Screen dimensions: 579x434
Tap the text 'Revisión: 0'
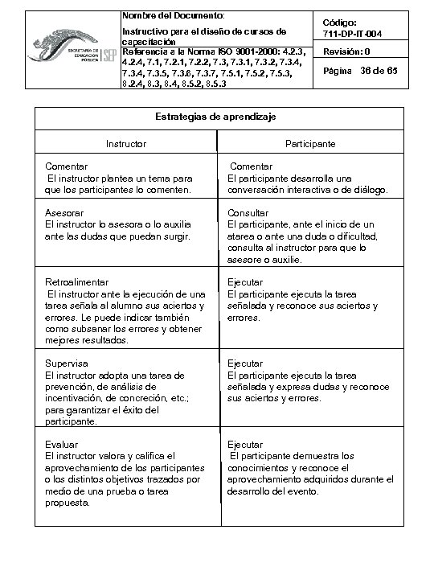(347, 52)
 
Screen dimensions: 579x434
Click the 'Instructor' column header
(127, 144)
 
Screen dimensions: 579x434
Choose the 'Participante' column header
(309, 144)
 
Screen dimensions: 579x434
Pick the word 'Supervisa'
(67, 363)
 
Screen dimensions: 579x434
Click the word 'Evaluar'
(61, 445)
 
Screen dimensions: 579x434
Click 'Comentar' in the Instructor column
(67, 166)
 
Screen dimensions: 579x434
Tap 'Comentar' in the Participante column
(251, 166)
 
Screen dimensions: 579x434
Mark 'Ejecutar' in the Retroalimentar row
(245, 283)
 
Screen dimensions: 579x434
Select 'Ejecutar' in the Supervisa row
(245, 363)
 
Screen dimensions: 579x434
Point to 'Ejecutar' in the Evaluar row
(245, 445)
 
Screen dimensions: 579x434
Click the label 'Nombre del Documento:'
(174, 16)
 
